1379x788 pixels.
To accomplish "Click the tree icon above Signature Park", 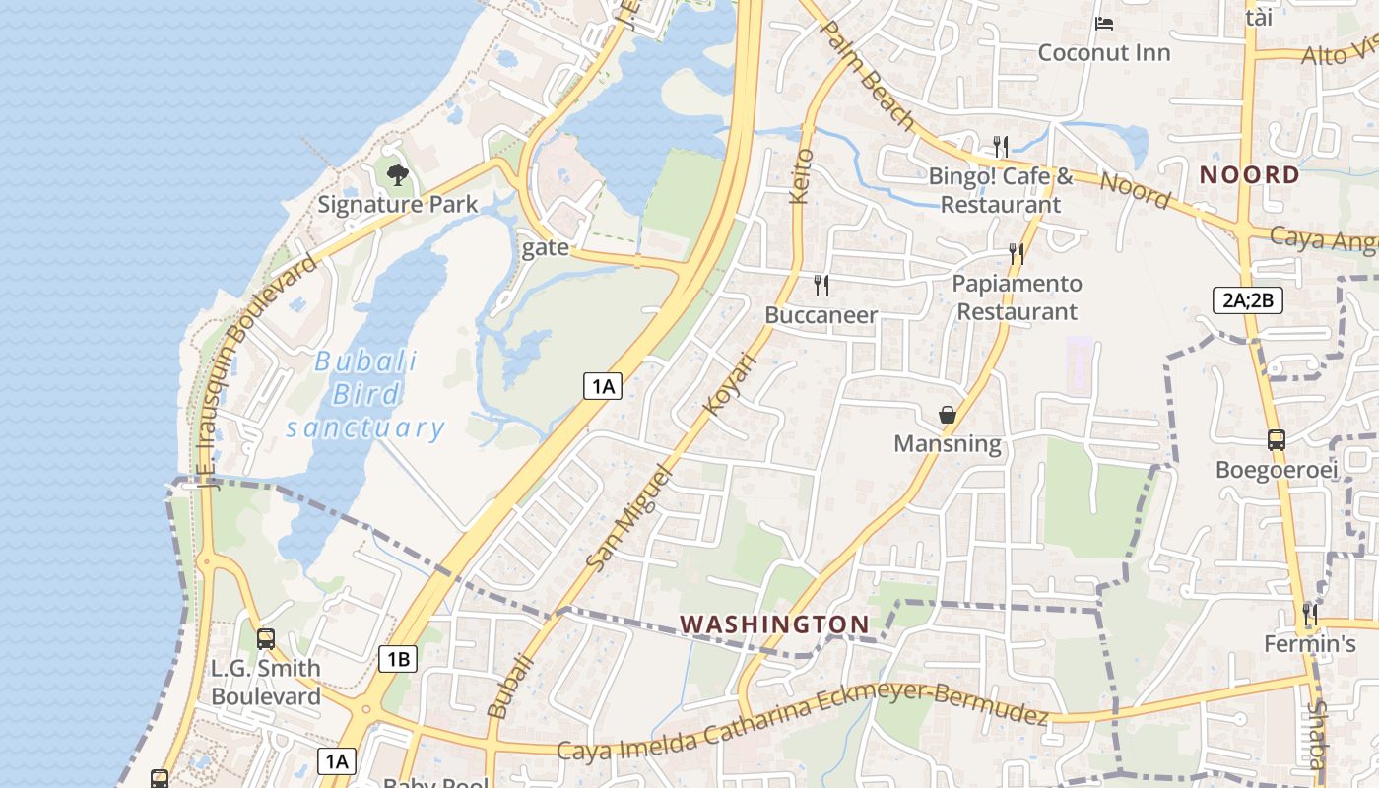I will [397, 175].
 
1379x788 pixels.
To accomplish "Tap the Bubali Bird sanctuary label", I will [365, 394].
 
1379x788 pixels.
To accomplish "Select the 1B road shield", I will [398, 659].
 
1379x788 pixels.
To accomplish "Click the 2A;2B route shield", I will [1247, 300].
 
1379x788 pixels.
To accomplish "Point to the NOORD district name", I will [1249, 175].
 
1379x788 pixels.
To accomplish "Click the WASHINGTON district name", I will [774, 624].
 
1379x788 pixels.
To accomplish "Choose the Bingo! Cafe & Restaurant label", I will [1001, 191].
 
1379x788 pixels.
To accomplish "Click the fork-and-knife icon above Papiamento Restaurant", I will [1016, 254].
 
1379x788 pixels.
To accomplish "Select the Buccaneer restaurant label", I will [821, 315].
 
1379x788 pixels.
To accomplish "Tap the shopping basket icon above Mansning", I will [947, 415].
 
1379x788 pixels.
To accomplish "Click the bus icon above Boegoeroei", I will [1276, 440].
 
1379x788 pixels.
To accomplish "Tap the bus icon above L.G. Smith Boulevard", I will [265, 638].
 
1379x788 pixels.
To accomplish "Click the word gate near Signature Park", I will [545, 247].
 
